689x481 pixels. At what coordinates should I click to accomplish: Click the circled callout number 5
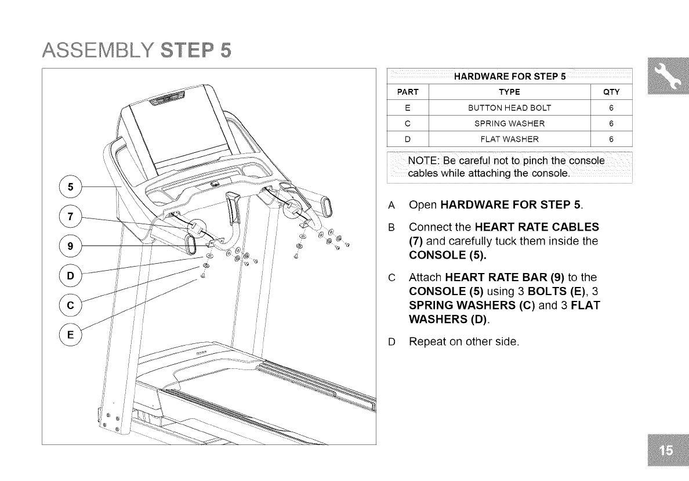pyautogui.click(x=70, y=187)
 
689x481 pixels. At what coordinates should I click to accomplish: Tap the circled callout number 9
pyautogui.click(x=70, y=245)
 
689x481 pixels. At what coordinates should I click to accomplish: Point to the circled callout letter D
pyautogui.click(x=70, y=274)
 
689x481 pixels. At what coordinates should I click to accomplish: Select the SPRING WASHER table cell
pyautogui.click(x=509, y=124)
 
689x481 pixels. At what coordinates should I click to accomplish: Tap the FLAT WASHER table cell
pyautogui.click(x=509, y=139)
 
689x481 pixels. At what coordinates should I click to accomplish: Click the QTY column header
pyautogui.click(x=611, y=92)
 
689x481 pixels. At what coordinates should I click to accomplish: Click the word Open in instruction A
pyautogui.click(x=423, y=205)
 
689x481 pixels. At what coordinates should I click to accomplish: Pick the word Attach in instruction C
pyautogui.click(x=427, y=277)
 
